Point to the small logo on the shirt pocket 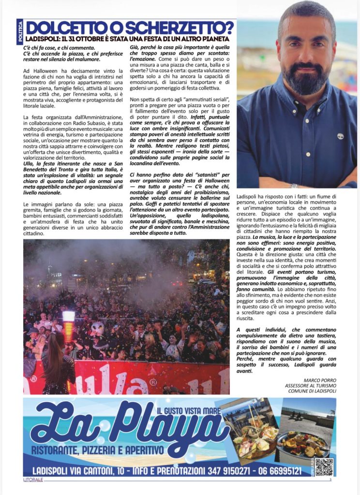point(340,137)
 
